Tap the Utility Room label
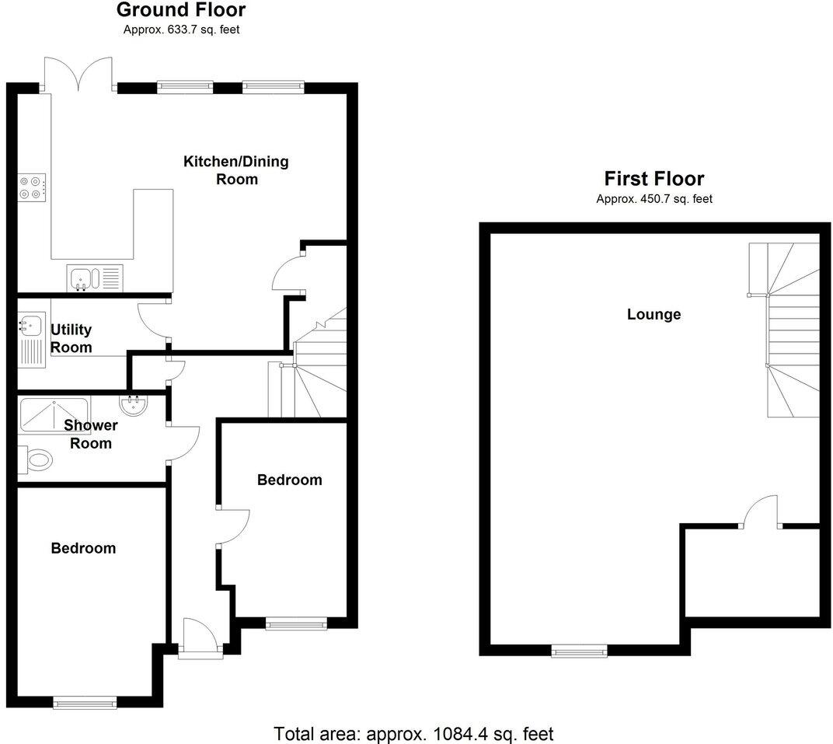point(71,339)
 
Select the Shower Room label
point(91,434)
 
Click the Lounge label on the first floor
point(654,315)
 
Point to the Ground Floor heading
point(180,10)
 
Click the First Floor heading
point(654,179)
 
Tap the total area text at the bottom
point(413,732)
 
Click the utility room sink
point(30,327)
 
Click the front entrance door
point(200,640)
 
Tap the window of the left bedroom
point(85,703)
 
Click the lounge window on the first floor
point(579,651)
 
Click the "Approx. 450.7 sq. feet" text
point(654,199)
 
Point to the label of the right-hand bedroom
point(289,480)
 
